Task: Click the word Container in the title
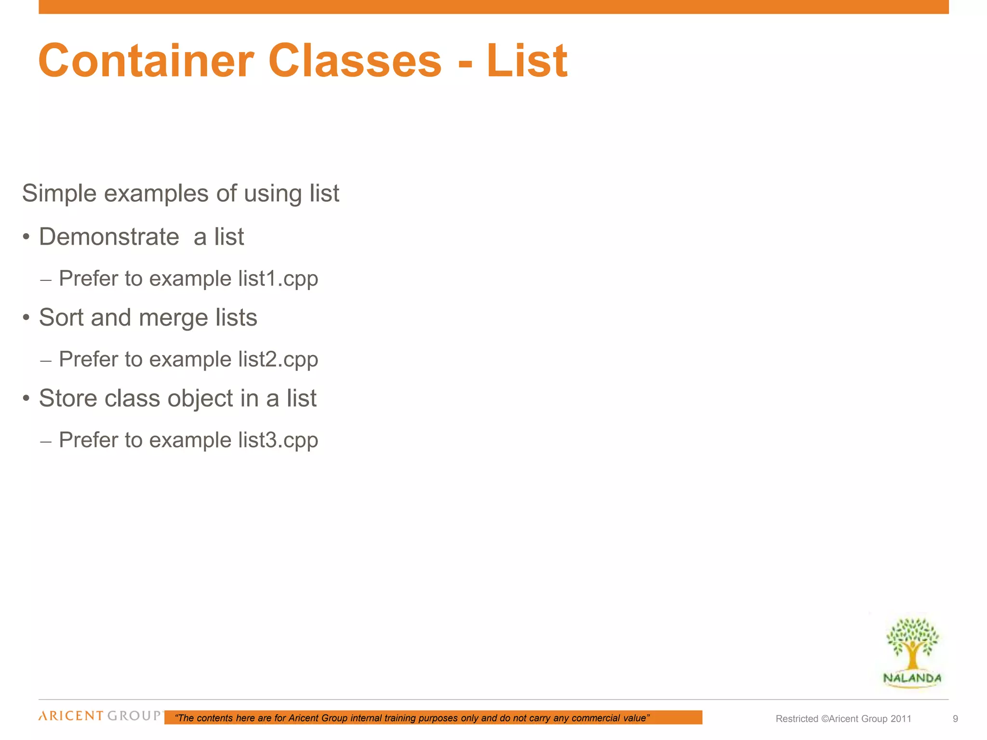coord(146,61)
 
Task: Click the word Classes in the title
coord(355,61)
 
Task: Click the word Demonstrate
coord(109,237)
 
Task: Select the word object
coord(200,399)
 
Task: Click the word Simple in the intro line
coord(59,194)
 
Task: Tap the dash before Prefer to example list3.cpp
coord(46,441)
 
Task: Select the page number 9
coord(955,719)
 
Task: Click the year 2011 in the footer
coord(901,719)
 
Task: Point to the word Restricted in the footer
coord(797,719)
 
